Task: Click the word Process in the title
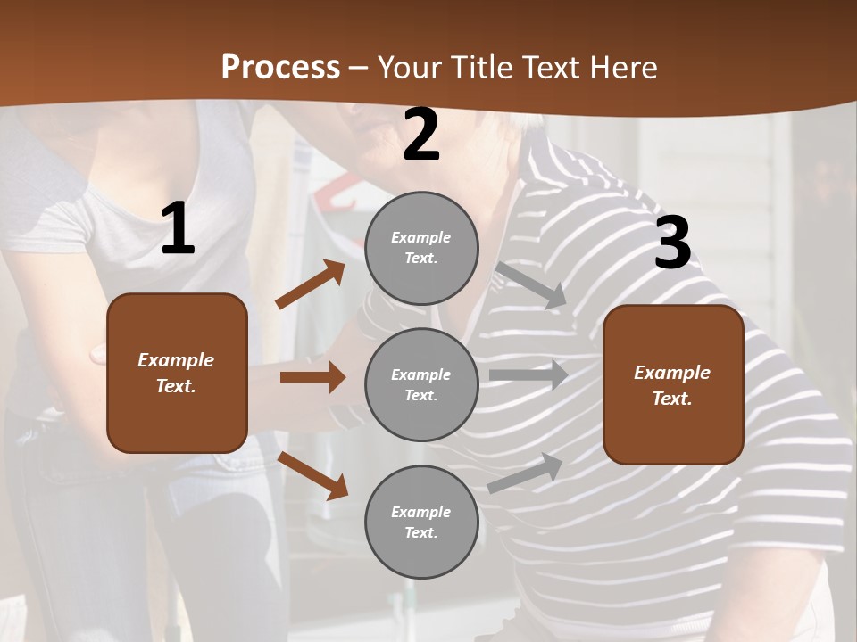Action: point(280,67)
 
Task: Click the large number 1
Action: point(178,229)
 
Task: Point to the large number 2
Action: point(421,136)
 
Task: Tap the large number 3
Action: point(672,243)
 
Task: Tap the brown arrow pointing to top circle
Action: point(311,284)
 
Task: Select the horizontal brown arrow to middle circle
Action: point(312,377)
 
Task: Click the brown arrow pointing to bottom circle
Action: point(312,474)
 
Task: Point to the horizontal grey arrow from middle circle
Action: point(528,375)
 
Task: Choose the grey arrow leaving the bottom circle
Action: point(526,473)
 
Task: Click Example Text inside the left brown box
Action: point(176,373)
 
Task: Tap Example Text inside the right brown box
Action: point(672,385)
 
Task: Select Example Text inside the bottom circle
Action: point(421,523)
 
